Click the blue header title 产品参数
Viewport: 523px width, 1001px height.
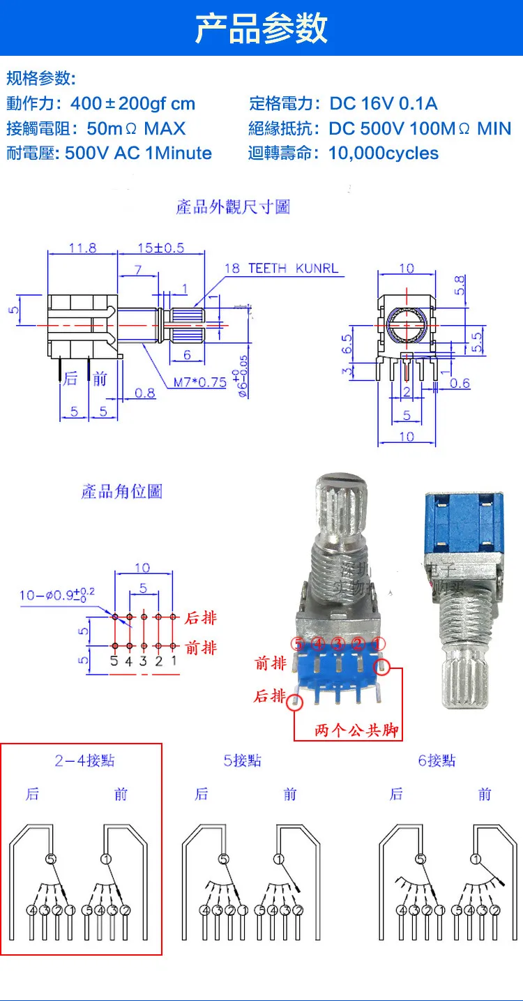coord(261,29)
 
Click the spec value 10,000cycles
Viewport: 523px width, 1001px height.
coord(384,153)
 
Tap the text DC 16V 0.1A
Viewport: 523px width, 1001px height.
coord(384,104)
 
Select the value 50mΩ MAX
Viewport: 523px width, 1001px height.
coord(137,129)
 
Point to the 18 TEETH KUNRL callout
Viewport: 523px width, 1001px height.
coord(281,269)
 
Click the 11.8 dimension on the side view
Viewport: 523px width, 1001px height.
coord(82,248)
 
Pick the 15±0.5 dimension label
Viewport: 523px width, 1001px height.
coord(160,248)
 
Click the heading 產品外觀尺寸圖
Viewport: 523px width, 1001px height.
coord(233,207)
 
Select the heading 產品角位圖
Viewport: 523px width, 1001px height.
coord(121,492)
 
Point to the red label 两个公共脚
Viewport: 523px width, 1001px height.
coord(356,730)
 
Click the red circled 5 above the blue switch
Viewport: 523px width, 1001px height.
coord(298,643)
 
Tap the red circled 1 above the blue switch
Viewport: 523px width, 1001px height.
coord(377,643)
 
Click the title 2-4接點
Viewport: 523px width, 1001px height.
coord(84,760)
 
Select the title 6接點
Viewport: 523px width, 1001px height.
coord(437,760)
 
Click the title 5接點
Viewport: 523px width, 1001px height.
coord(242,760)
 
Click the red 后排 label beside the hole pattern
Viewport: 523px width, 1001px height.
coord(201,618)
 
